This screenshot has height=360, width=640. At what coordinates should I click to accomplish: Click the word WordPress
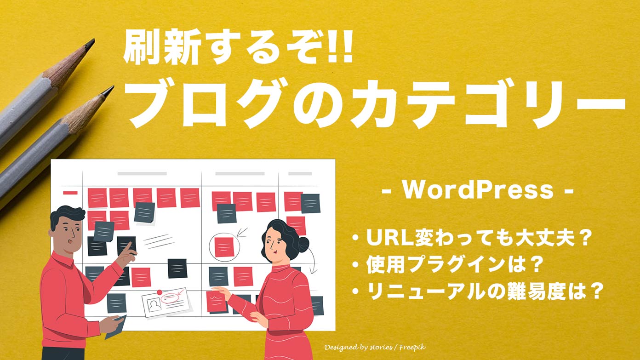(479, 190)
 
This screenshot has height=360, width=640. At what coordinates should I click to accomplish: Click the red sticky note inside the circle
(224, 247)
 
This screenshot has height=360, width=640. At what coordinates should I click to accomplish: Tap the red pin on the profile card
(159, 291)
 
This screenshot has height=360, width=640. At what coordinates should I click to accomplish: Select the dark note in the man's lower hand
(115, 327)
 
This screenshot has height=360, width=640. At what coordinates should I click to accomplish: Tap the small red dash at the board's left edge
(70, 193)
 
